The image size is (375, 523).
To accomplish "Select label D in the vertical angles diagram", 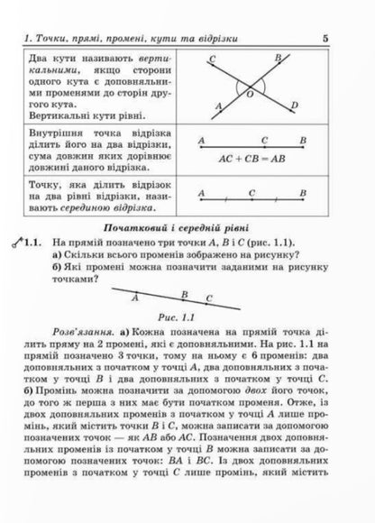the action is [x=295, y=106].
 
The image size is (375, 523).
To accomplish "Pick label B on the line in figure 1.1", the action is [x=184, y=294].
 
